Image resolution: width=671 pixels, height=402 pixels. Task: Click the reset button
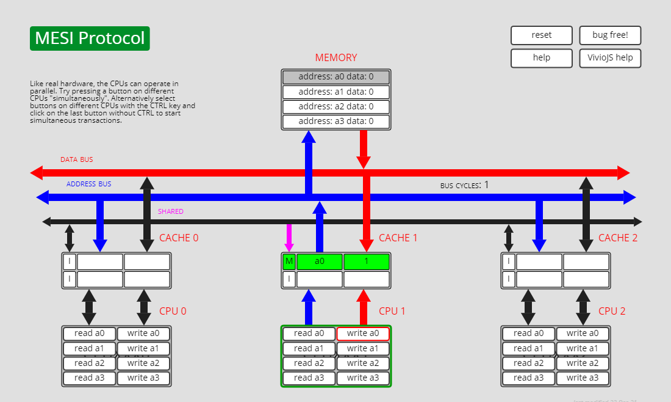(542, 35)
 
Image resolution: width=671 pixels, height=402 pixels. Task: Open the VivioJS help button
(610, 58)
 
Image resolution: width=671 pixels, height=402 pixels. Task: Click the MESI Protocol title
(90, 38)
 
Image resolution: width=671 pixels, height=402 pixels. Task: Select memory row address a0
(335, 77)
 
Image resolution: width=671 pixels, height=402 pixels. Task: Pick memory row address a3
(335, 121)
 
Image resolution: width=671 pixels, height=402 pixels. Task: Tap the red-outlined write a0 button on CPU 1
(363, 334)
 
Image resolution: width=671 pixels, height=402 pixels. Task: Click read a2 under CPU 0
(89, 363)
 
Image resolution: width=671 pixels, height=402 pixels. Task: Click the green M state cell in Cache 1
(289, 262)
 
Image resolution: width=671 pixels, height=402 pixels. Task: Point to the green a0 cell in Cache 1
(319, 262)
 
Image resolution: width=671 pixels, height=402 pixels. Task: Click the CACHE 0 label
(179, 238)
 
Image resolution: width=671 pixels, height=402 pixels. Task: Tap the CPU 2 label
(612, 311)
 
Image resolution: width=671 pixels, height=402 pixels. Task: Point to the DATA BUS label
(76, 160)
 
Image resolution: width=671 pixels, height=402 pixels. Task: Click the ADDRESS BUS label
(89, 184)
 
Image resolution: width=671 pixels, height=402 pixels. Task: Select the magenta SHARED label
(171, 211)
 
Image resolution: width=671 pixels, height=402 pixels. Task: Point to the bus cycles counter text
(464, 185)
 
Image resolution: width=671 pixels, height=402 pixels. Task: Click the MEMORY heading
(335, 57)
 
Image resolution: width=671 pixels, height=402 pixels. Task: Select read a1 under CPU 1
(309, 348)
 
